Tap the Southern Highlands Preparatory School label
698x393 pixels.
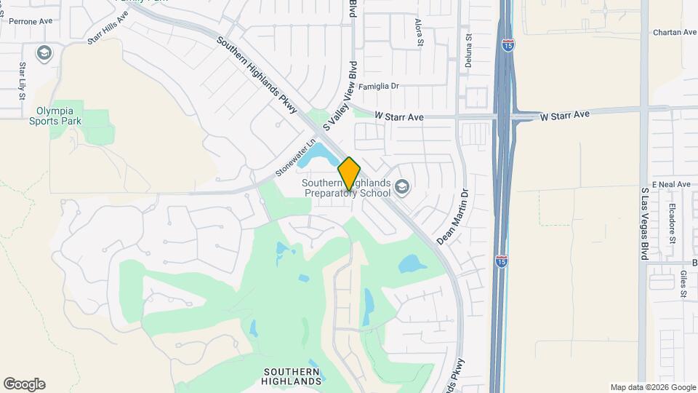pos(348,188)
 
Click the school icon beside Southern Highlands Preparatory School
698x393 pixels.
pos(401,188)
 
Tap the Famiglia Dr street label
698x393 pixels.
pos(379,86)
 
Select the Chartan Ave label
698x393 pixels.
pos(675,33)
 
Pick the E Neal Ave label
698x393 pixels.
pos(670,185)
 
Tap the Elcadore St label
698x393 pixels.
pos(673,223)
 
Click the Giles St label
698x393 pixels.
pos(683,285)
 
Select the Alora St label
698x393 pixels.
pos(420,33)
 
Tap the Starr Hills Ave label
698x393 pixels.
pos(108,27)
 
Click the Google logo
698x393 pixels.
pos(24,384)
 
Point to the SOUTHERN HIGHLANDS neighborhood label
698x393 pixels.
pos(292,376)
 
